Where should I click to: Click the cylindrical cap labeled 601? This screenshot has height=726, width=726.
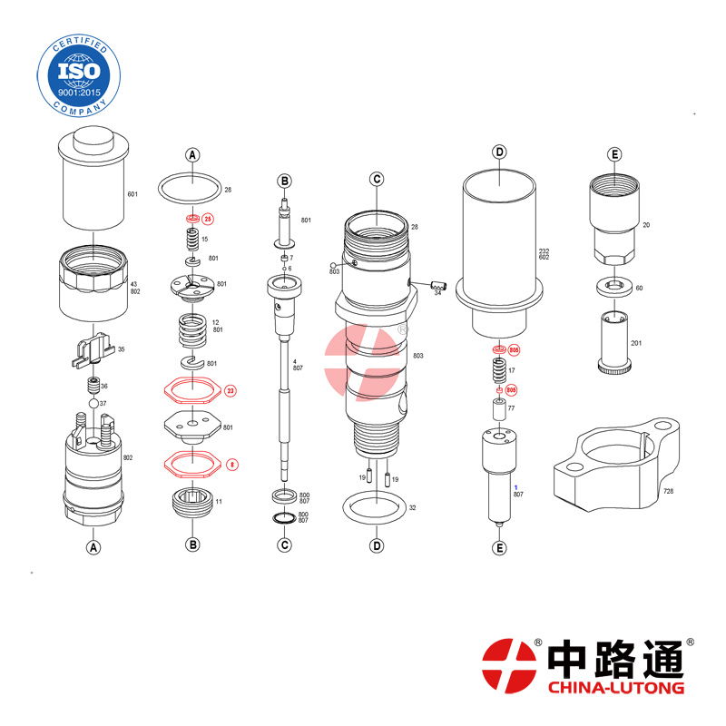pyautogui.click(x=93, y=181)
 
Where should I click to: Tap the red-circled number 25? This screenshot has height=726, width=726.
pyautogui.click(x=207, y=219)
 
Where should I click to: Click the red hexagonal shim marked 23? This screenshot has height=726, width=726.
pyautogui.click(x=191, y=391)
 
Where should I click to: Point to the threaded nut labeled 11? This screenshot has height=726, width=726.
pyautogui.click(x=191, y=500)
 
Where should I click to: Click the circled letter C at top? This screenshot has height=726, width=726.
pyautogui.click(x=376, y=179)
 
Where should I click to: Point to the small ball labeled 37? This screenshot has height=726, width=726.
pyautogui.click(x=93, y=403)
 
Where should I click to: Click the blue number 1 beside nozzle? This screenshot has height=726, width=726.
pyautogui.click(x=515, y=487)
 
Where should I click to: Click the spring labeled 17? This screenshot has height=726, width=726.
pyautogui.click(x=498, y=370)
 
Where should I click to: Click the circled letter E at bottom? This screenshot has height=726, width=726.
pyautogui.click(x=498, y=547)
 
